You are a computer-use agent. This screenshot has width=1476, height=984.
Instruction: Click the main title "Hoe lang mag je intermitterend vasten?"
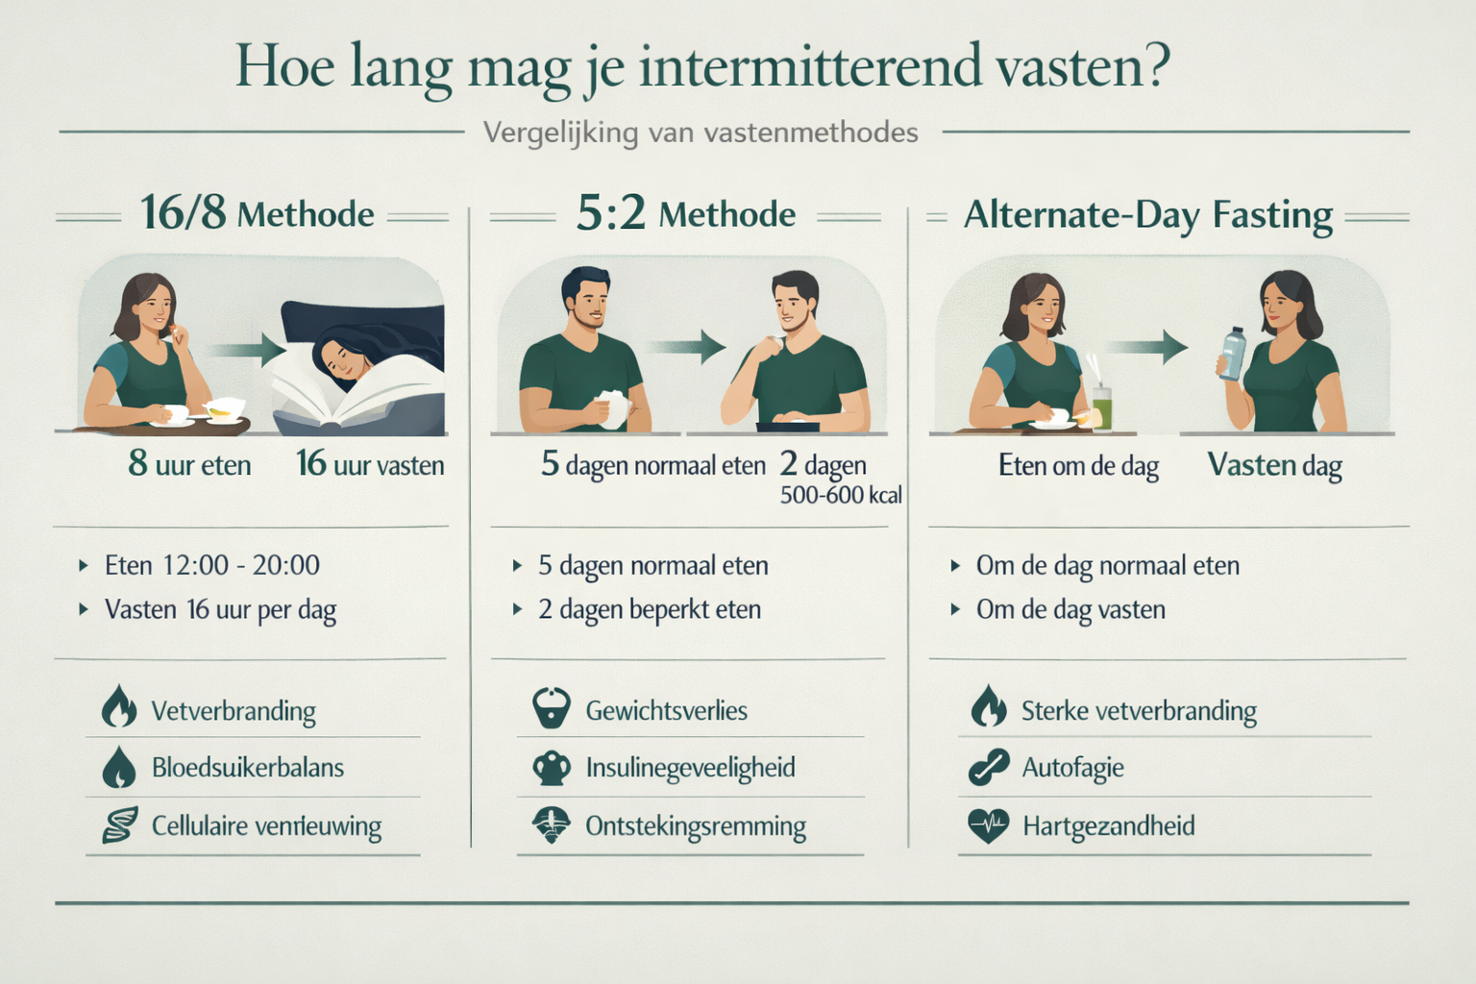click(702, 67)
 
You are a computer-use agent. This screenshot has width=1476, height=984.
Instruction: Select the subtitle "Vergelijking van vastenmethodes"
click(701, 133)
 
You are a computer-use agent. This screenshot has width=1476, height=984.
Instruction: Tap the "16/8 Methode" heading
click(257, 213)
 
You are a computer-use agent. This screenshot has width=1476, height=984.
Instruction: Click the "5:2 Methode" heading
click(685, 213)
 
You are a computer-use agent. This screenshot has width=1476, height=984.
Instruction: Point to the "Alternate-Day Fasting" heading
click(1148, 215)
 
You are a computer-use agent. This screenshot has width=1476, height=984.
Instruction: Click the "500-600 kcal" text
click(841, 496)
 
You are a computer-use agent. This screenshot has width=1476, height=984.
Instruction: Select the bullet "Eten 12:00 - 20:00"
click(211, 565)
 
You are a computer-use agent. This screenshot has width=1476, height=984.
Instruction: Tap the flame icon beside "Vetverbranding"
click(119, 708)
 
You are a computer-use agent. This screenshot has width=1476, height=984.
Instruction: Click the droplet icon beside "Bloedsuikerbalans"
click(119, 767)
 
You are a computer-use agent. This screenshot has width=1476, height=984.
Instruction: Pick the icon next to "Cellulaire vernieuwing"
click(119, 825)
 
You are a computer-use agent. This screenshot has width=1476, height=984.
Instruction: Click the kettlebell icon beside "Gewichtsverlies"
click(551, 708)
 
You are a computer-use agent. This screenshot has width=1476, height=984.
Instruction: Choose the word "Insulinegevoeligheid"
click(690, 768)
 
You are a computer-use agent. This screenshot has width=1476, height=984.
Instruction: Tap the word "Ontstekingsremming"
click(695, 826)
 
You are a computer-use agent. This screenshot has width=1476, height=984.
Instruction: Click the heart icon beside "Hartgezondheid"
click(988, 825)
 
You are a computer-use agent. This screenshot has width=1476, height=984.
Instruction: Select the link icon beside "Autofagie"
click(988, 767)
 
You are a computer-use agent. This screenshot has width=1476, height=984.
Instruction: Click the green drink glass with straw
click(1101, 405)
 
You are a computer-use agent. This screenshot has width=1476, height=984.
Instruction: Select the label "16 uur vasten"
click(370, 465)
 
